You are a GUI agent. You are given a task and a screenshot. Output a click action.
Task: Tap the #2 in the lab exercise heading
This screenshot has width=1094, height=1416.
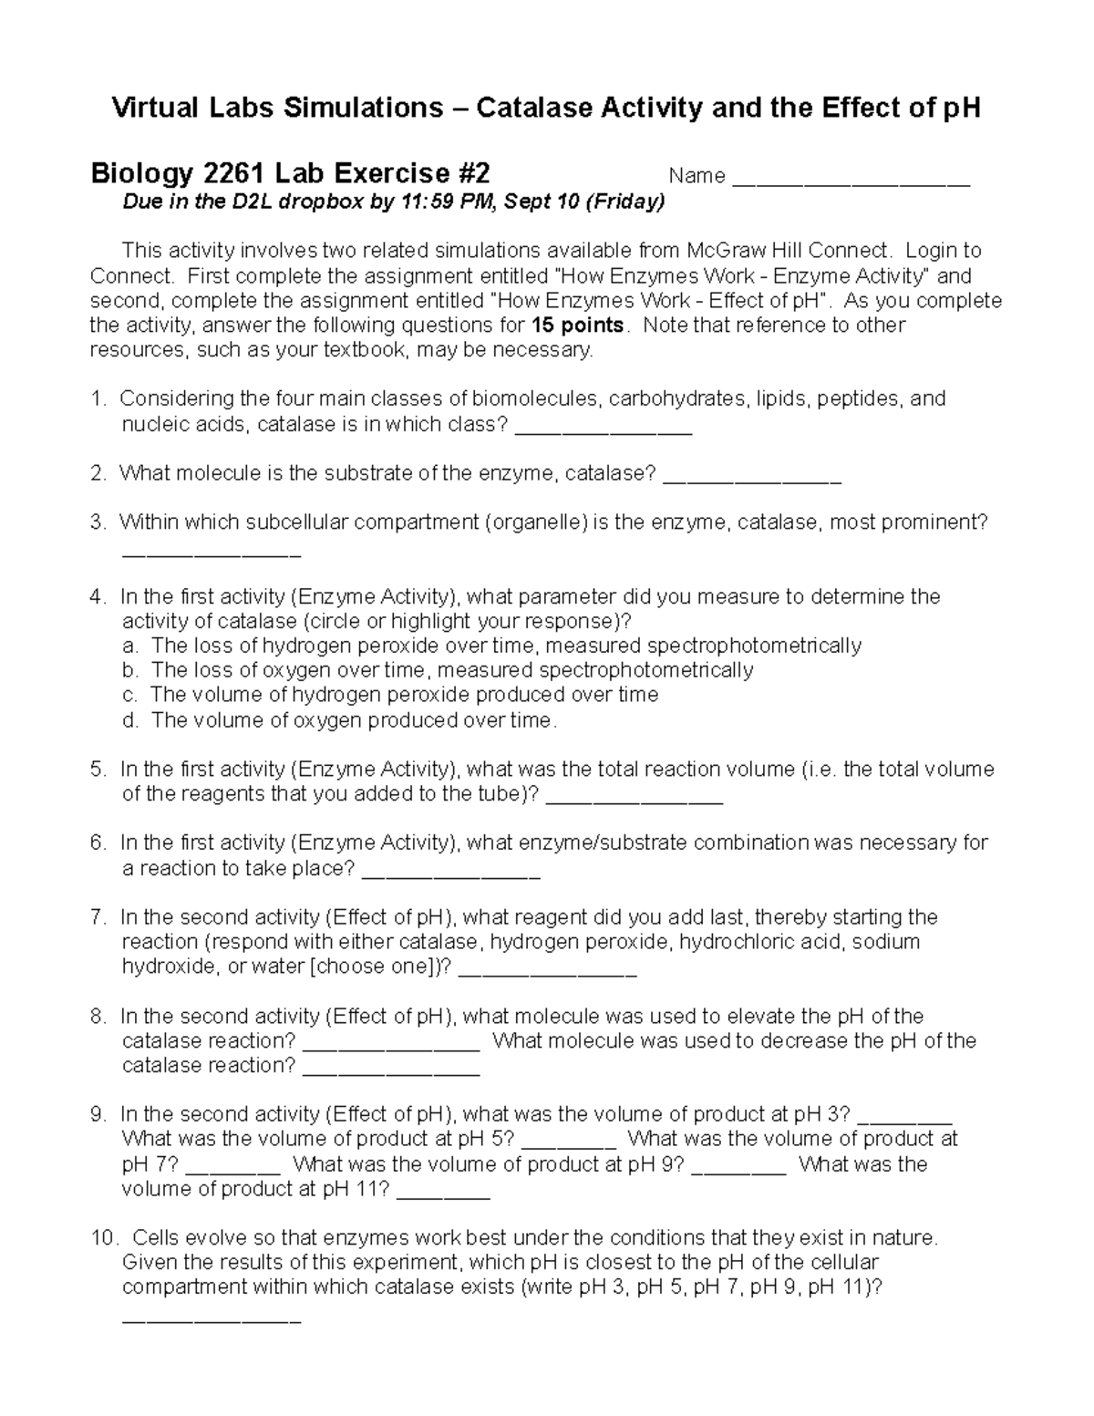pos(471,173)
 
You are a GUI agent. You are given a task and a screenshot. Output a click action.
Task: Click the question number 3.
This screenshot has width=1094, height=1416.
pos(98,522)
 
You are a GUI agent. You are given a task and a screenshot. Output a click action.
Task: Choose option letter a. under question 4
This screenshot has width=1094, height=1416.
pos(130,646)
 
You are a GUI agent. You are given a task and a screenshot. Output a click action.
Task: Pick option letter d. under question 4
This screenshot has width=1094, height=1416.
pos(130,720)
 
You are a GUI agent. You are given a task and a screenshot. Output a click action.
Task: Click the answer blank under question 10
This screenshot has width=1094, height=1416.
pos(211,1318)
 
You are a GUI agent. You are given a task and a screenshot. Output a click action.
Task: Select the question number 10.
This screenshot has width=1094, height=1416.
pos(104,1238)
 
